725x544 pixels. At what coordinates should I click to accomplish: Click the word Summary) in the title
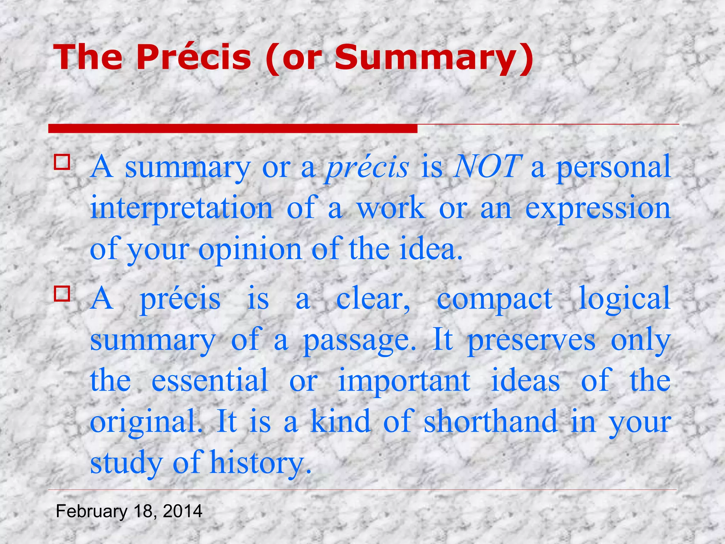click(x=433, y=58)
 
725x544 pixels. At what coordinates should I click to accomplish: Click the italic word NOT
click(x=488, y=166)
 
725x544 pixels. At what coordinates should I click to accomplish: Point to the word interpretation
click(x=182, y=208)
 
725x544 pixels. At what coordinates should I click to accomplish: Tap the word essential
click(x=210, y=380)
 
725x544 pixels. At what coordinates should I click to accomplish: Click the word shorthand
click(x=490, y=421)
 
